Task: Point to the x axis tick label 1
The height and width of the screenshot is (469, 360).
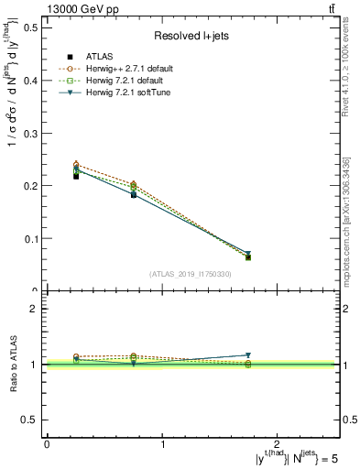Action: tap(163, 443)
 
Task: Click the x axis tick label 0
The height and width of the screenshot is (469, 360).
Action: tap(47, 443)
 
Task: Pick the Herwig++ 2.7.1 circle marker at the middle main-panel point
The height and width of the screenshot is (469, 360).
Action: tap(134, 184)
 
